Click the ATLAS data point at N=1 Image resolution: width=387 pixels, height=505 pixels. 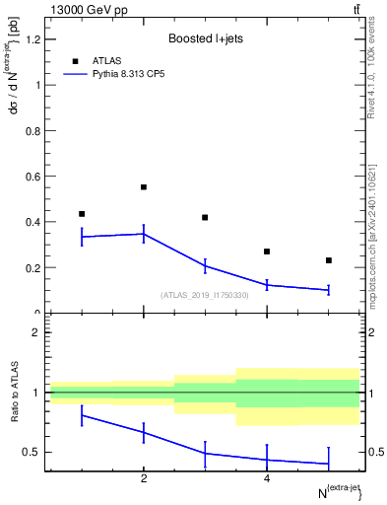point(82,214)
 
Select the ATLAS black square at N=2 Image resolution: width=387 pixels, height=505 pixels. point(144,186)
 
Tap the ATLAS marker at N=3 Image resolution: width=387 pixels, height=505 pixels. point(205,217)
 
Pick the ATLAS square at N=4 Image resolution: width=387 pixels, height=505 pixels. point(267,252)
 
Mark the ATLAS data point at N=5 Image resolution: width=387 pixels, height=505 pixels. point(329,260)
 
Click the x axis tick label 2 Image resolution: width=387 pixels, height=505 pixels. point(144,479)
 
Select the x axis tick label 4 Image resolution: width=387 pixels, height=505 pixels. point(267,479)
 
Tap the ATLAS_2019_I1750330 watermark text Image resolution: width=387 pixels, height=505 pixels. point(205,294)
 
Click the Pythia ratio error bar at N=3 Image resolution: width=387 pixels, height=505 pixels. point(205,453)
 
